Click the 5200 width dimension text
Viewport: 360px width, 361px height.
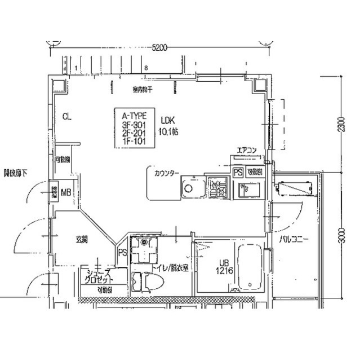click(x=160, y=49)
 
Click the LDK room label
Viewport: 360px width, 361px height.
click(x=168, y=120)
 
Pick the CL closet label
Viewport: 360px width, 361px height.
click(x=67, y=117)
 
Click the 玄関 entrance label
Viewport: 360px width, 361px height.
click(x=81, y=240)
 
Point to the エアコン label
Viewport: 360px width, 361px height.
click(x=246, y=150)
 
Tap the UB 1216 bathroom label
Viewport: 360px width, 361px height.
click(x=224, y=266)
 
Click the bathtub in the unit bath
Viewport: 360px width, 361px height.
click(x=249, y=267)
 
